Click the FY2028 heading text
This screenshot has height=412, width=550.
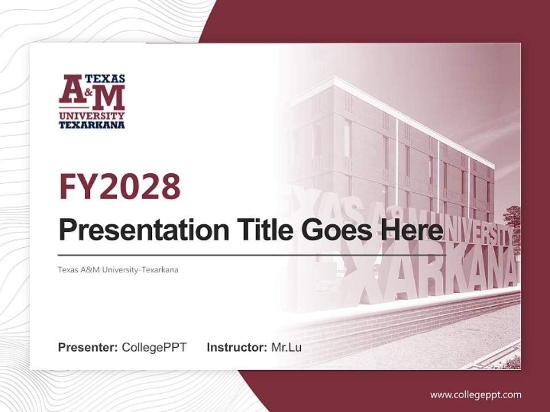(x=120, y=186)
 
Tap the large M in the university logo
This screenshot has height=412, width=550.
(x=108, y=98)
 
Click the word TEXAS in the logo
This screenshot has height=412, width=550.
(x=105, y=78)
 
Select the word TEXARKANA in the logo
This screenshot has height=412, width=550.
(x=92, y=124)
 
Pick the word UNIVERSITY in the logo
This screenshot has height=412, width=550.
(x=92, y=116)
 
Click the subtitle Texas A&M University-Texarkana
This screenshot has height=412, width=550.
(x=118, y=270)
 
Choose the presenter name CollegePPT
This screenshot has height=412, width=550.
(x=154, y=347)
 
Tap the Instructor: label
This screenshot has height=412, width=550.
(x=237, y=347)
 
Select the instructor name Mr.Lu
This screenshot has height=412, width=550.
(x=286, y=347)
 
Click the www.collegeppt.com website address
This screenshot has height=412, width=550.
(x=476, y=395)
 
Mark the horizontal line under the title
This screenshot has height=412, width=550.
(x=252, y=255)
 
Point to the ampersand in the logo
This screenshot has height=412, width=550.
(x=87, y=92)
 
